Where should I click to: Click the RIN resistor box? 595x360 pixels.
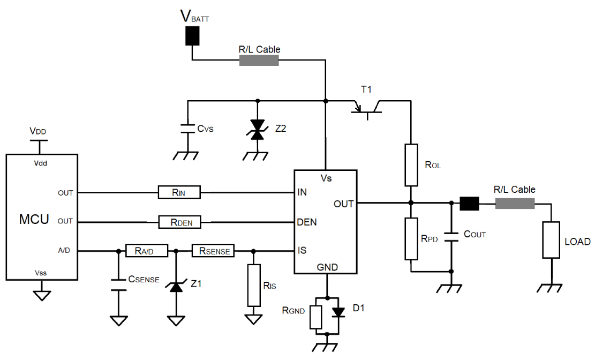[x=179, y=192]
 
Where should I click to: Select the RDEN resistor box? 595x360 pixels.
[x=179, y=221]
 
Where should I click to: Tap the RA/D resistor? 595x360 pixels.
[x=146, y=250]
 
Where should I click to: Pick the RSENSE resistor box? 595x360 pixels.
[x=213, y=250]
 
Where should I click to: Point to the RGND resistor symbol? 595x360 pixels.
[x=316, y=317]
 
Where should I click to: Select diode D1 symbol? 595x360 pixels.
[x=337, y=312]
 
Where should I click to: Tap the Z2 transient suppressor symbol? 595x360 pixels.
[x=258, y=129]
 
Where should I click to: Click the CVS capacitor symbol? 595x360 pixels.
[x=187, y=129]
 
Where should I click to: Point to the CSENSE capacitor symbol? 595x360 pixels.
[x=118, y=284]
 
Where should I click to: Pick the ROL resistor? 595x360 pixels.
[x=411, y=165]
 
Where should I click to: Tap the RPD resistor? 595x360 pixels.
[x=411, y=238]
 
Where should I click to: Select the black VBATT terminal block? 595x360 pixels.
[x=192, y=35]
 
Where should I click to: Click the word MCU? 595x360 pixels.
[x=34, y=219]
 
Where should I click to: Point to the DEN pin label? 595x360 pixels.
[x=306, y=222]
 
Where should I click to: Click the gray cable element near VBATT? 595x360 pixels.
[x=259, y=60]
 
